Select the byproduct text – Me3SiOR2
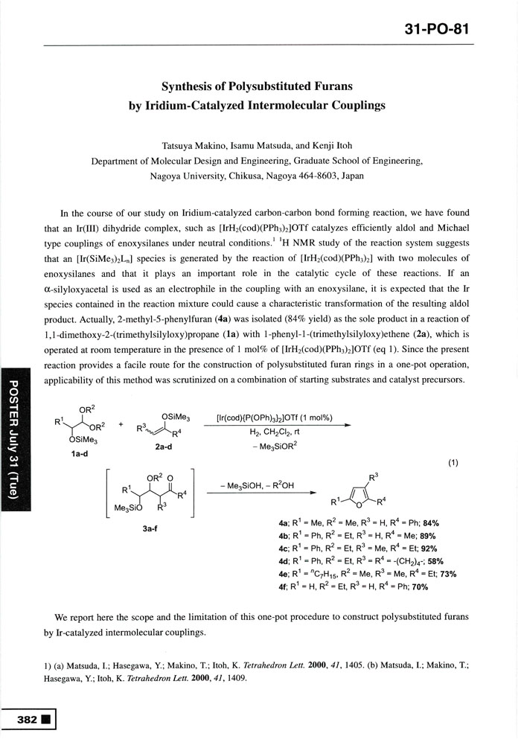[274, 446]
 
